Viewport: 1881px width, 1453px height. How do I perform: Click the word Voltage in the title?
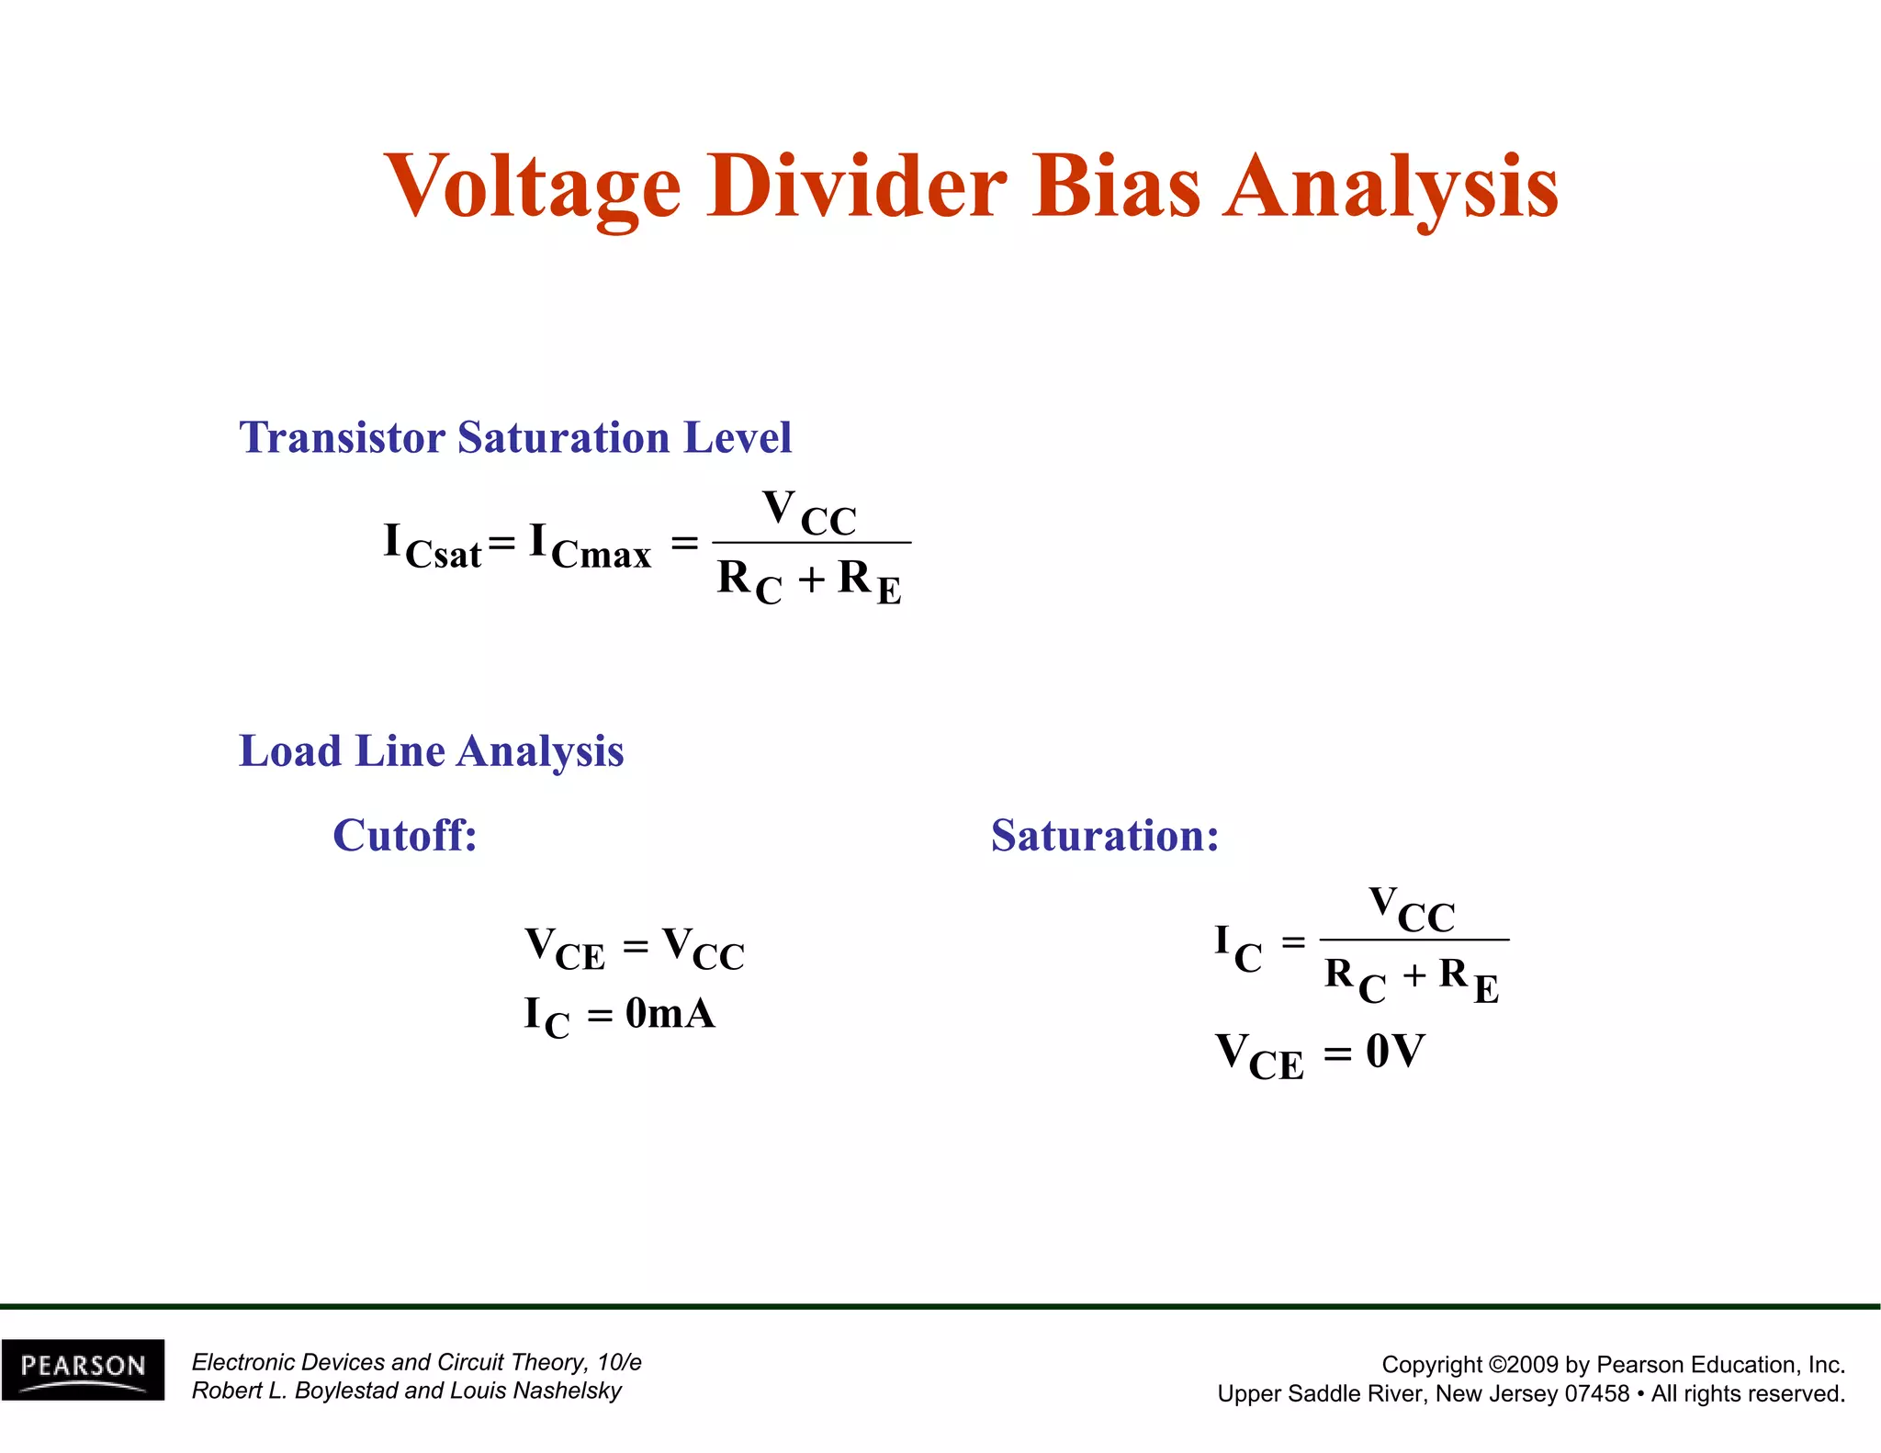point(533,186)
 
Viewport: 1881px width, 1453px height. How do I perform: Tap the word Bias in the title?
point(1115,186)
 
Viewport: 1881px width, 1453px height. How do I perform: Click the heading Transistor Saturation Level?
point(514,437)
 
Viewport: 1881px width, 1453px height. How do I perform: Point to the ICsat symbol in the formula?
point(432,546)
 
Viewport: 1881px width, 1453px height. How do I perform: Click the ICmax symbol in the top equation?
point(590,546)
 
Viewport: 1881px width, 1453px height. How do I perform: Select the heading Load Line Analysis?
point(431,750)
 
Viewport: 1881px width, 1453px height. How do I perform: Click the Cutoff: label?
point(404,835)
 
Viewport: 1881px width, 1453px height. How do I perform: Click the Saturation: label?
point(1104,835)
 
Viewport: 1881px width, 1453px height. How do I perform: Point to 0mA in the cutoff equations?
point(670,1014)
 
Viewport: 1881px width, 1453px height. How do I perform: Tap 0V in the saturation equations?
point(1394,1052)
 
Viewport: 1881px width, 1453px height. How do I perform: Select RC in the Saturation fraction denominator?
point(1355,978)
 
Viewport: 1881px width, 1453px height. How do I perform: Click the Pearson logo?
point(83,1369)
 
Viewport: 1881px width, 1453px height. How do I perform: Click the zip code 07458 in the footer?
point(1596,1393)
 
